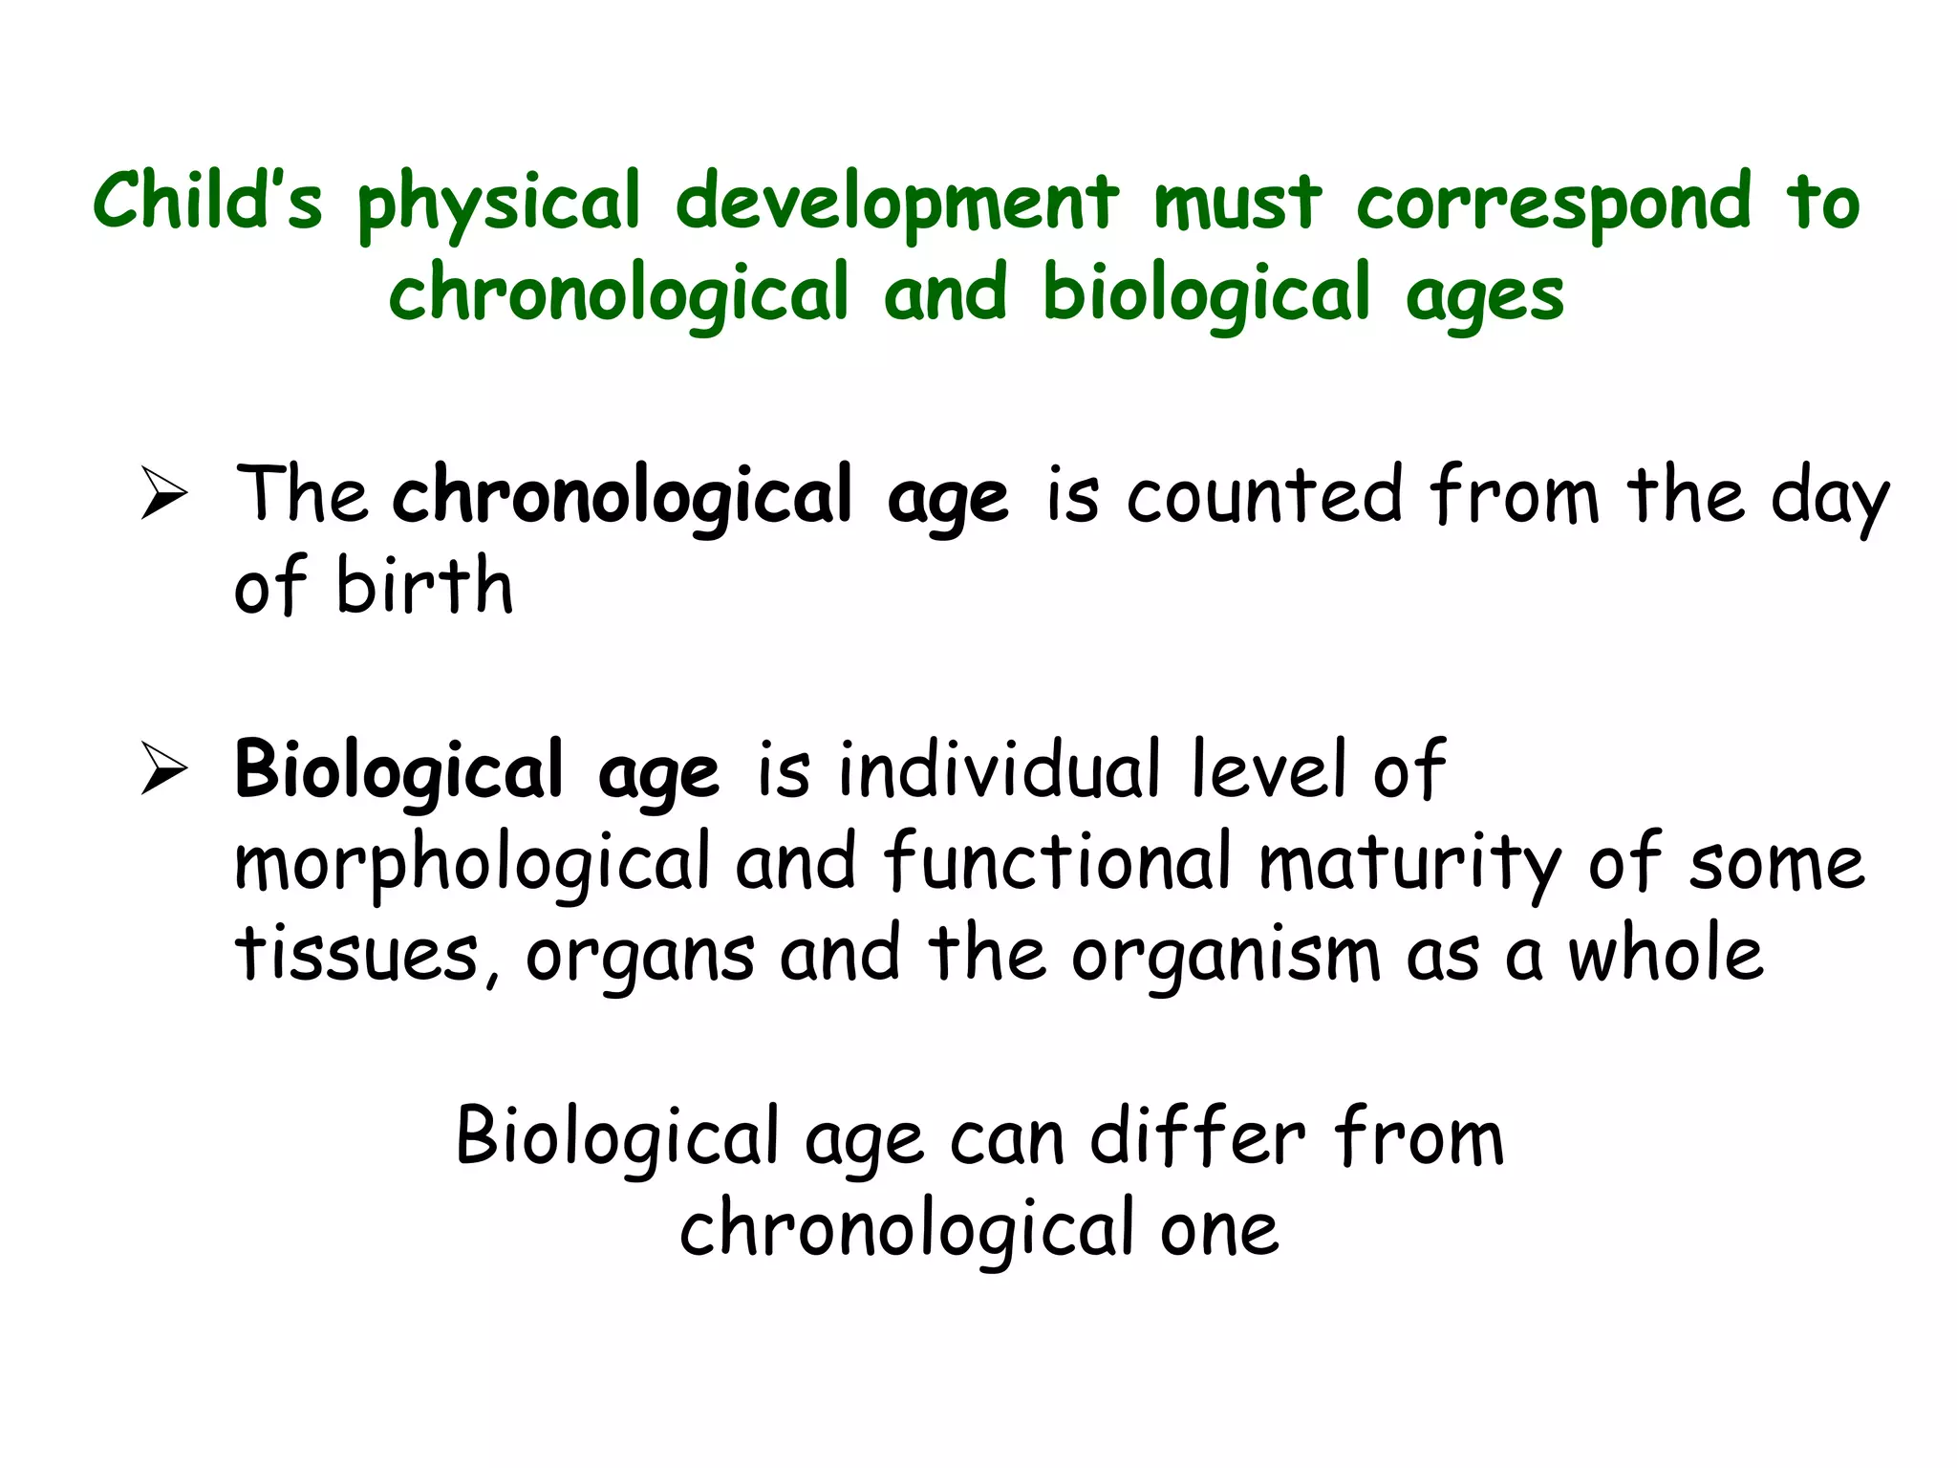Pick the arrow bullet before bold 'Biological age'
[163, 768]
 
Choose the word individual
[999, 769]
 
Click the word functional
[1057, 860]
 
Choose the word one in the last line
[1219, 1229]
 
